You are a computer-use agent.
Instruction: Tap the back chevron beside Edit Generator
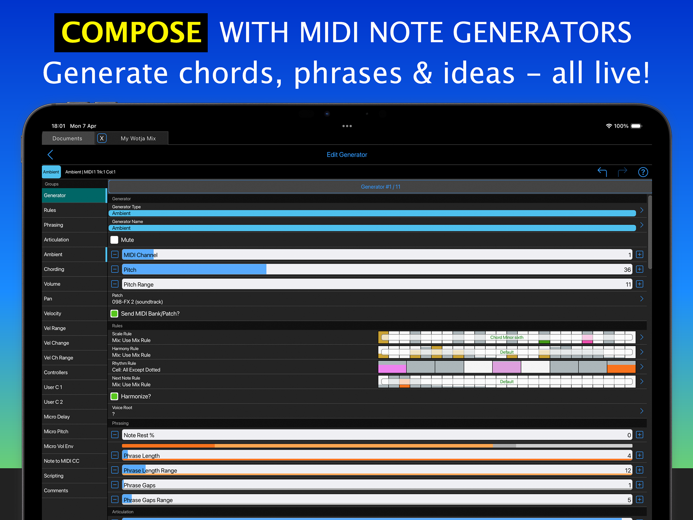click(50, 155)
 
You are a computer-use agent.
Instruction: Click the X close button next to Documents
click(102, 138)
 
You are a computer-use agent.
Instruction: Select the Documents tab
click(67, 138)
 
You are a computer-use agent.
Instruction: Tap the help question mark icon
click(643, 172)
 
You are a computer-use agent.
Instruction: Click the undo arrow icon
click(602, 172)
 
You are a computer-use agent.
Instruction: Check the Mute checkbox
click(114, 240)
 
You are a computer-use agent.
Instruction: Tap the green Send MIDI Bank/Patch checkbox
click(114, 313)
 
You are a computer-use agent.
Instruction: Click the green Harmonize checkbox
click(114, 396)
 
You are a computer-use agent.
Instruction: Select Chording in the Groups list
click(54, 269)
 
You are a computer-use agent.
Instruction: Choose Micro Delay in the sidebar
click(57, 417)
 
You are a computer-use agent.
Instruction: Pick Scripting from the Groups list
click(54, 476)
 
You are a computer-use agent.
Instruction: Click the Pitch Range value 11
click(628, 284)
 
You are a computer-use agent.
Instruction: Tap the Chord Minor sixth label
click(507, 337)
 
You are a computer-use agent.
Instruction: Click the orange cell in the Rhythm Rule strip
click(621, 367)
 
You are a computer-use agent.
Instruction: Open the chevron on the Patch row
click(642, 299)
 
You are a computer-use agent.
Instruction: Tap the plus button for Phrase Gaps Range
click(639, 500)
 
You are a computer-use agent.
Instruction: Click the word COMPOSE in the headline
click(131, 32)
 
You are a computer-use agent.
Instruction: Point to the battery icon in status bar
click(636, 126)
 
